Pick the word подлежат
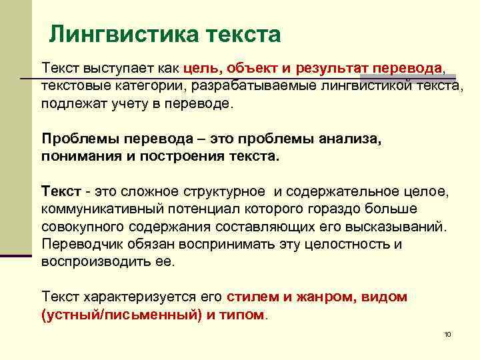[70, 104]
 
